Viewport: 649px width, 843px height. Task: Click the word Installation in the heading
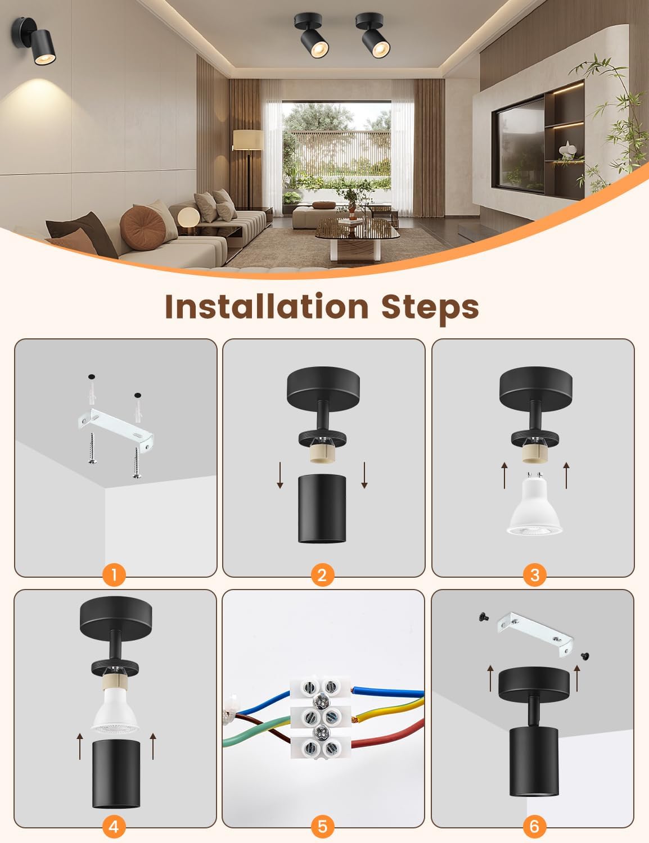click(x=266, y=306)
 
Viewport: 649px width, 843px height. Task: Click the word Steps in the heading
click(x=430, y=306)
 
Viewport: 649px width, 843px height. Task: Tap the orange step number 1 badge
click(x=114, y=574)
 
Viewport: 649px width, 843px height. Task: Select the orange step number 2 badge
click(x=322, y=574)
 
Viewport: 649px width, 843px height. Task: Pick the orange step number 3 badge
click(x=534, y=574)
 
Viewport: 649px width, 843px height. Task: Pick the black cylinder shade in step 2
click(x=322, y=511)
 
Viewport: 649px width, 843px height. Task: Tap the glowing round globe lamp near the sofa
click(x=186, y=217)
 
